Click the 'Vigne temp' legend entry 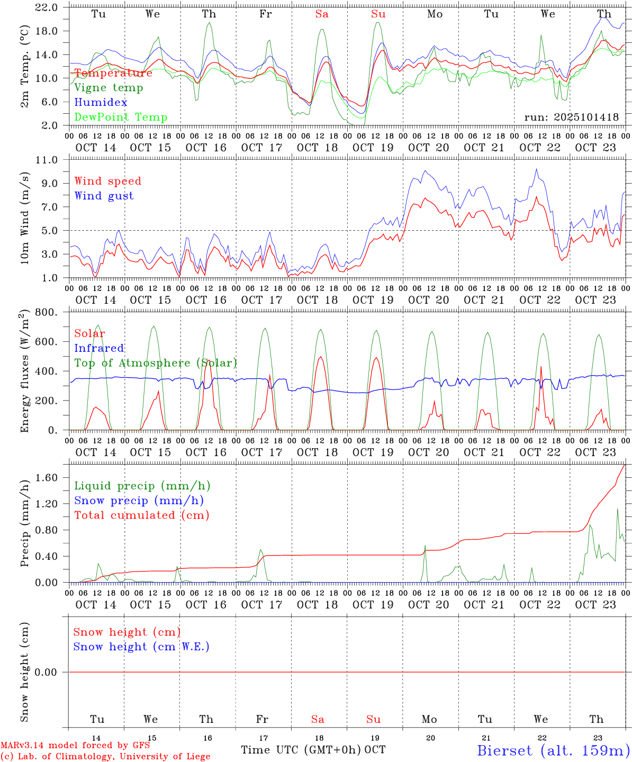[109, 88]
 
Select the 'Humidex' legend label [101, 103]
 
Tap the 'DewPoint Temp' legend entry [121, 117]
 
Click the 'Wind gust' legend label [104, 196]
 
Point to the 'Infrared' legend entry [99, 348]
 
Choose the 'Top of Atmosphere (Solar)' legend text [156, 363]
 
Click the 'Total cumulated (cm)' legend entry [141, 515]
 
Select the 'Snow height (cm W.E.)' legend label [141, 647]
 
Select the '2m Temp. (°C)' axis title [25, 66]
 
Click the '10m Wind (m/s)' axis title [25, 219]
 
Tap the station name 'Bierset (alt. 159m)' [553, 750]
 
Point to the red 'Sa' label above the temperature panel [322, 14]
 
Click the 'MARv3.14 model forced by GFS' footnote [75, 746]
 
